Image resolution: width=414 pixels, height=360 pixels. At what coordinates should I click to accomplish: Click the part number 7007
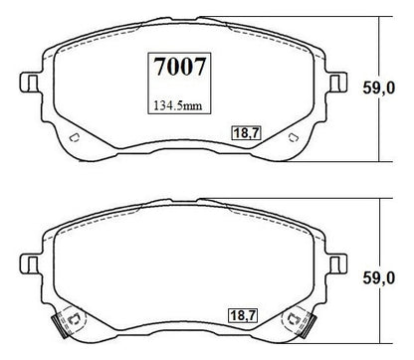click(180, 67)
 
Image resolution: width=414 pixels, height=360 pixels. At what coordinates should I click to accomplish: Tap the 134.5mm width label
click(177, 105)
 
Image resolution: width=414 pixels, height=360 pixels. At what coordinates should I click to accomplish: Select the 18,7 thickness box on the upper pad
click(246, 133)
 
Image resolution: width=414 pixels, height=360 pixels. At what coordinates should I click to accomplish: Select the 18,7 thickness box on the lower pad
click(243, 315)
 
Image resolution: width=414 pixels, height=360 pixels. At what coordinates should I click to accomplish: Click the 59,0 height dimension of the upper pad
click(378, 89)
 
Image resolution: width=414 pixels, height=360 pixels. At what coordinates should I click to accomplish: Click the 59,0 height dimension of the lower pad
click(378, 277)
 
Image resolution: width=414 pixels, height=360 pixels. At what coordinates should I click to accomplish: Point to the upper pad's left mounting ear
click(29, 83)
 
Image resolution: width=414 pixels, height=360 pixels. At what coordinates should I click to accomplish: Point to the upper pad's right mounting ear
click(338, 83)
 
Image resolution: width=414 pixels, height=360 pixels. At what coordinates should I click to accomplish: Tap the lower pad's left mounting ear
click(29, 265)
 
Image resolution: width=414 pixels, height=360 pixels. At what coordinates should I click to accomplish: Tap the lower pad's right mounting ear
click(338, 265)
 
